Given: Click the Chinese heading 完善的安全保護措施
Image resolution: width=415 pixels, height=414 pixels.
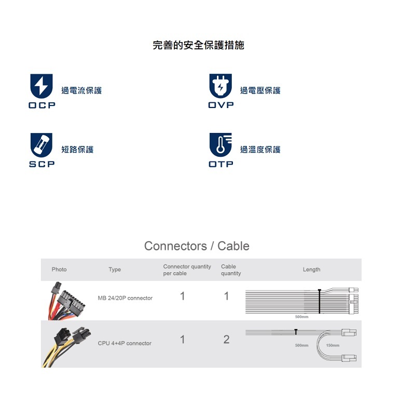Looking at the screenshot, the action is [198, 45].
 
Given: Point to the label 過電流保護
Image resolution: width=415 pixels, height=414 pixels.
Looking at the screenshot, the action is [81, 91].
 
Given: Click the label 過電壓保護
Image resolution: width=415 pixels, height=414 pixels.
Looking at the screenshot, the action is [260, 91].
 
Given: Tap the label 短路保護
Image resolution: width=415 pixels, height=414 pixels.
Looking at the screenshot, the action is [77, 150].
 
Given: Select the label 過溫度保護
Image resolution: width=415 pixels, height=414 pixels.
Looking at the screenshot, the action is [260, 150].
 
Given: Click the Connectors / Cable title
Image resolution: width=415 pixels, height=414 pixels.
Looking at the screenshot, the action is [197, 246].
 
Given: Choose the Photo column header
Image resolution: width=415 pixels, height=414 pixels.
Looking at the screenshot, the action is [59, 270].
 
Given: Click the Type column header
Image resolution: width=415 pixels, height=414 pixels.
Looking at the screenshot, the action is [115, 270].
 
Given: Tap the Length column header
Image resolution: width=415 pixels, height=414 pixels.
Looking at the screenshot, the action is [311, 270].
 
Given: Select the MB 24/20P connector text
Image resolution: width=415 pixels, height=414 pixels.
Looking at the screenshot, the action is [125, 298].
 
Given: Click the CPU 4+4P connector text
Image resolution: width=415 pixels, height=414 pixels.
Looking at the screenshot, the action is [125, 343].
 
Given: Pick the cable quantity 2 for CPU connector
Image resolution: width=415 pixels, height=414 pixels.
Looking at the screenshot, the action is [226, 340].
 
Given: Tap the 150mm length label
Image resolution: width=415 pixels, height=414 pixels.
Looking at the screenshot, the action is [333, 345].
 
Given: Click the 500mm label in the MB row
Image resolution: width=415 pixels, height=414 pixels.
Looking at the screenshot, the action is [301, 316].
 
